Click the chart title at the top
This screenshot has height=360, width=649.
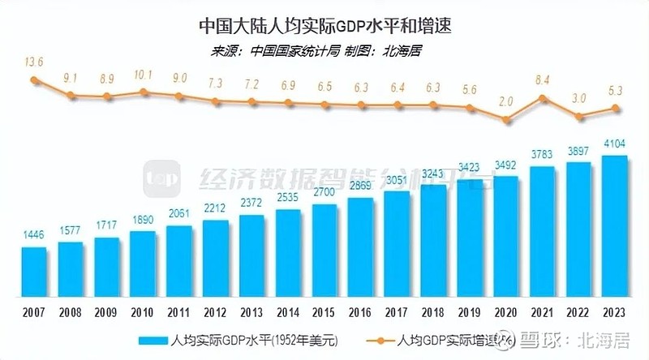(x=324, y=25)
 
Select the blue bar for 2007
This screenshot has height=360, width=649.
(x=34, y=272)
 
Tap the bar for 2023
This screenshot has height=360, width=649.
(x=614, y=226)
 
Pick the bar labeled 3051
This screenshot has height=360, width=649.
(x=397, y=244)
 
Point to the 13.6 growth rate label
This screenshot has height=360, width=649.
(x=33, y=62)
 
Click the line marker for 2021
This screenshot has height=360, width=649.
(x=542, y=99)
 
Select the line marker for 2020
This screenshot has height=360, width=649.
(x=505, y=120)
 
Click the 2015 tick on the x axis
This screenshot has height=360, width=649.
(x=324, y=311)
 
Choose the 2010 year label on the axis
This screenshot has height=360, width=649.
(x=143, y=311)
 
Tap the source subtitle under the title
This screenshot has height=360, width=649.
(x=324, y=50)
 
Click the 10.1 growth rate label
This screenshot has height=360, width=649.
(x=143, y=75)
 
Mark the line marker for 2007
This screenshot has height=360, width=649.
(x=34, y=80)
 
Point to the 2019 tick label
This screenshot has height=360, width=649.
(x=469, y=311)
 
